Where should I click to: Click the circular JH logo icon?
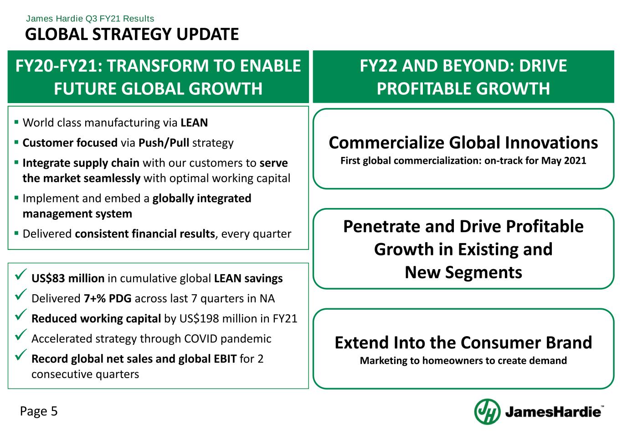[x=487, y=411]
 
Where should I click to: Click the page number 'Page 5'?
[x=39, y=411]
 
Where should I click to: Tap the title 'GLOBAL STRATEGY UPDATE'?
[x=132, y=34]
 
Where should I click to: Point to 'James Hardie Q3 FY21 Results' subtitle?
[x=90, y=19]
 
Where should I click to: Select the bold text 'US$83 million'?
[x=68, y=278]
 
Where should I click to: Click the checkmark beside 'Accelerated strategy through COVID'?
[x=21, y=335]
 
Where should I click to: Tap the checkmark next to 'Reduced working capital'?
[x=21, y=315]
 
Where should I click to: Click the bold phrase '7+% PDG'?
[x=108, y=298]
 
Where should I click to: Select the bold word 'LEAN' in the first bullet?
[x=194, y=123]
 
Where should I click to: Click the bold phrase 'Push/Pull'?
[x=164, y=143]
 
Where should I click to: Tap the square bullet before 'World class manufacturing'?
[x=16, y=122]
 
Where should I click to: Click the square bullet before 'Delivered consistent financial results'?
[x=16, y=233]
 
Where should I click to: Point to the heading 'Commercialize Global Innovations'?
[x=463, y=143]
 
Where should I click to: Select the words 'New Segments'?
[x=463, y=272]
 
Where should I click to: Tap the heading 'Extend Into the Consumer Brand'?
[x=463, y=343]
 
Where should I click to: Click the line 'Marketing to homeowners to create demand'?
[x=463, y=360]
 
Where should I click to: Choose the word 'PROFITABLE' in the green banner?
[x=424, y=88]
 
